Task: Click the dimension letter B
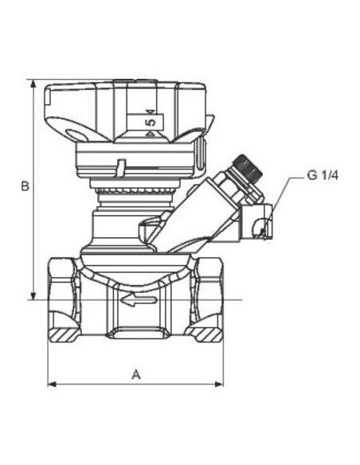tap(25, 186)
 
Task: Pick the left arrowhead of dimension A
tap(52, 384)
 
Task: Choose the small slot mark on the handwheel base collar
tap(119, 169)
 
